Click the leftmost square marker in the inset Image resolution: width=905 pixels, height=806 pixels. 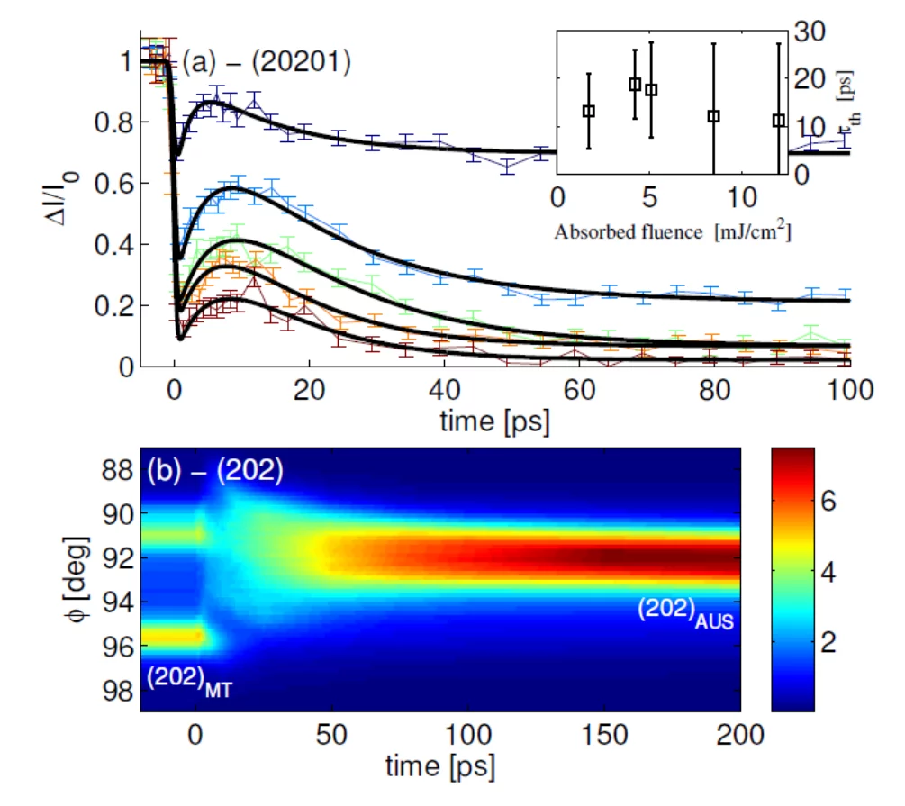point(589,111)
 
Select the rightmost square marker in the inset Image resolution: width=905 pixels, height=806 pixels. point(779,121)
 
